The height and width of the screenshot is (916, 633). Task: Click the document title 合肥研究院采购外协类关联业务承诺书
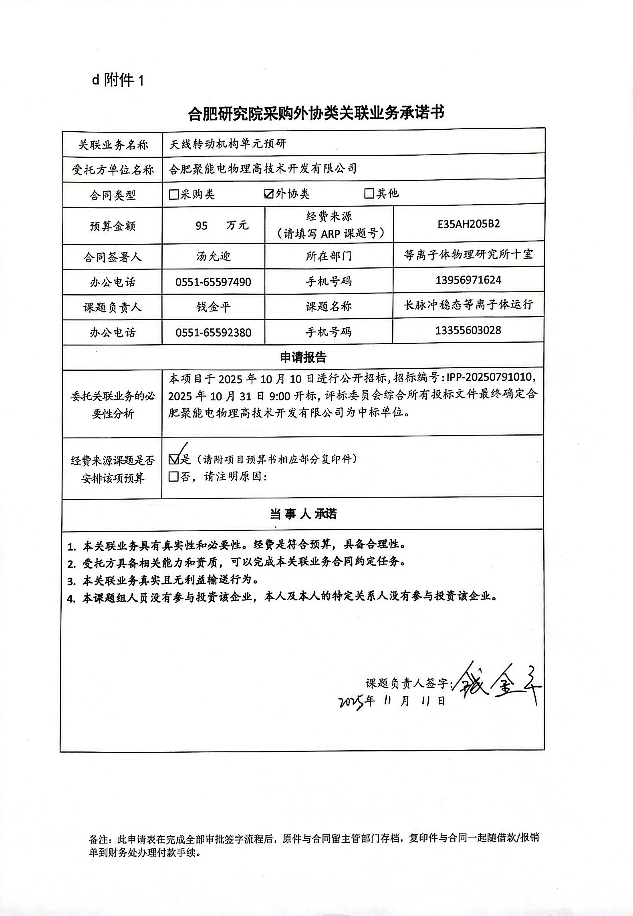316,113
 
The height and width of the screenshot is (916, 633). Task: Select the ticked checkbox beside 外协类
269,194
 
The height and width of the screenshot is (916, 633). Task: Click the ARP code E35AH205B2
469,224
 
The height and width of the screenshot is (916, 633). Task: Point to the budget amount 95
202,226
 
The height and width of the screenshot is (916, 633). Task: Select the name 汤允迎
213,256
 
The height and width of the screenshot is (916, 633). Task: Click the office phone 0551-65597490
213,282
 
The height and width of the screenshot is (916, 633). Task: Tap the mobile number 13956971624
468,280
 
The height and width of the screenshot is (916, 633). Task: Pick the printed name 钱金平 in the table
213,307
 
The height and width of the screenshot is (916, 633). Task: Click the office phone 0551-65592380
213,332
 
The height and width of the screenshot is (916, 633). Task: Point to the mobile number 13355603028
468,330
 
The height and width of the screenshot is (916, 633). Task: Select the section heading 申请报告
303,357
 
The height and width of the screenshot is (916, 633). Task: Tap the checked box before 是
174,459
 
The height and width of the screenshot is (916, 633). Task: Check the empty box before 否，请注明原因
174,477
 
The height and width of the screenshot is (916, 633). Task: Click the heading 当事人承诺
303,514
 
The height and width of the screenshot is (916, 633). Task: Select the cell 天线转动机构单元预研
228,144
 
